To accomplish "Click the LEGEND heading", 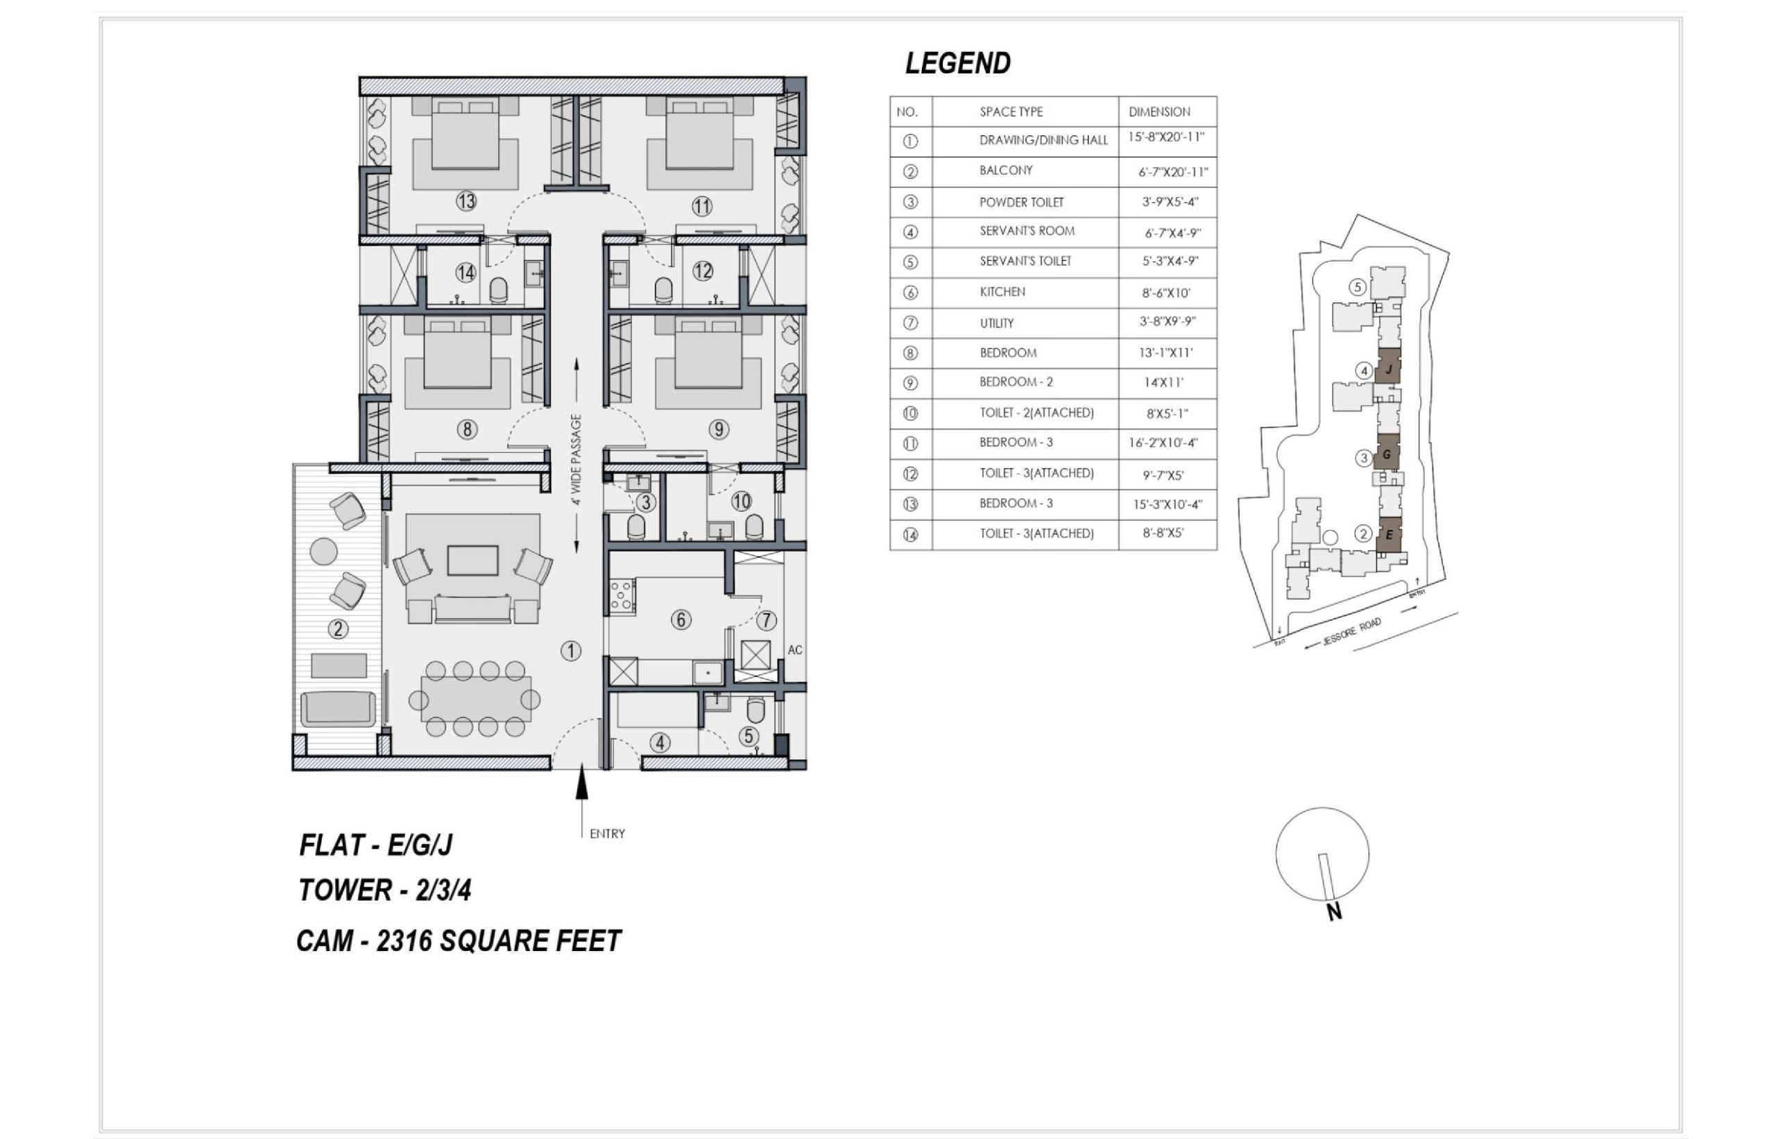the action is (958, 64).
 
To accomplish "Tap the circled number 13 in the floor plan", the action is (466, 201).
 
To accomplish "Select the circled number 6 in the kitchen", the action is (681, 620).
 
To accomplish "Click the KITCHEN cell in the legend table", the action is (1002, 291).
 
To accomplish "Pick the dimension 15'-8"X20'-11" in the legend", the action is (1165, 137).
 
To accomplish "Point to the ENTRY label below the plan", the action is (607, 834).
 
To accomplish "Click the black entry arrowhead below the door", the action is (582, 782).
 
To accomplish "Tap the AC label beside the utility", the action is (795, 650).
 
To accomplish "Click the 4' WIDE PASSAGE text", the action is (577, 459).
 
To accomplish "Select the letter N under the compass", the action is (1334, 911).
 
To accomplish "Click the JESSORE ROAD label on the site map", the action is (1352, 633).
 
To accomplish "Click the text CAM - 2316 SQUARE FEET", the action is (459, 941).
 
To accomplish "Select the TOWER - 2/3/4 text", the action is (384, 890).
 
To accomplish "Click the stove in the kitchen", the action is (622, 595).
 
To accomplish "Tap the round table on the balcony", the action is (323, 551).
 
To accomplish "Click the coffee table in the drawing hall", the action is (472, 560).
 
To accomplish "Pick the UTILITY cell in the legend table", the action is (996, 323).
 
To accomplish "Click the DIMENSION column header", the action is (1159, 112).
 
